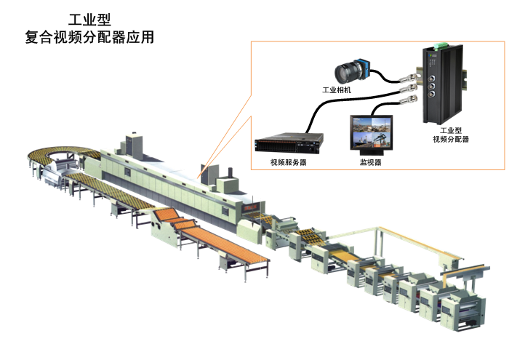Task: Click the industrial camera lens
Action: pos(345,73)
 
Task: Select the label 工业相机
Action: pos(337,90)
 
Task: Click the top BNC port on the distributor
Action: pos(430,71)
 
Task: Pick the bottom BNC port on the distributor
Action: pos(430,92)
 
